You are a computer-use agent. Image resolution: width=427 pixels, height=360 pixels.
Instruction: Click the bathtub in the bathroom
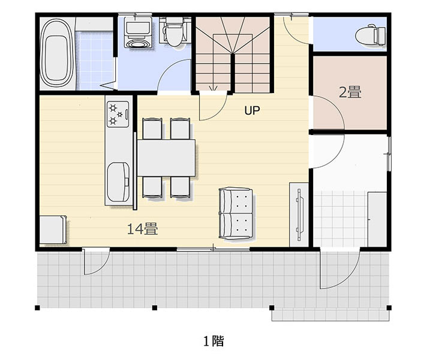pos(57,53)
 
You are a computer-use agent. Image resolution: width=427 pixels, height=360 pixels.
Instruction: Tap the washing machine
pos(138,32)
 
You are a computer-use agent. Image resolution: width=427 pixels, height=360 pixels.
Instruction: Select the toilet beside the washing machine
pos(174,32)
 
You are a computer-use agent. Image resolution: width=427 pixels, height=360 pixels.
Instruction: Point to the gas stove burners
pos(118,114)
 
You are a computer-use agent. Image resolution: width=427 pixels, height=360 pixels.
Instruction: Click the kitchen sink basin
pos(118,182)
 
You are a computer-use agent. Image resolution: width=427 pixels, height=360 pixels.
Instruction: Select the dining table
pos(166,158)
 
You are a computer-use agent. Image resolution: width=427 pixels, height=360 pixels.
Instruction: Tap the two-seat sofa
pos(236,214)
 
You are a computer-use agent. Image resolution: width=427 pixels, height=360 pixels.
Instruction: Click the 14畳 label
pos(142,229)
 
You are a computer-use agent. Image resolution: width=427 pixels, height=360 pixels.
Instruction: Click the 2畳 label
pos(350,92)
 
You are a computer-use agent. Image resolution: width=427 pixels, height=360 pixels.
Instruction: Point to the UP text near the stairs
pos(252,110)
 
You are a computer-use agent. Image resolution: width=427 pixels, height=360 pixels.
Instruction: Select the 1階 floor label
pos(213,341)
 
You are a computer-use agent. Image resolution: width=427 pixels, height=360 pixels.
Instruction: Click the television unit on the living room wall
pos(299,215)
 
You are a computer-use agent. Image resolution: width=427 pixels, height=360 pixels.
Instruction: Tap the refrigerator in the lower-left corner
pos(53,230)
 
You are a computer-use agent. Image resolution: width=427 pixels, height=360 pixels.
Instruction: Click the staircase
pos(233,54)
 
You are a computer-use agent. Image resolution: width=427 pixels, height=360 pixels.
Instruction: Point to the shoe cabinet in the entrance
pos(377,219)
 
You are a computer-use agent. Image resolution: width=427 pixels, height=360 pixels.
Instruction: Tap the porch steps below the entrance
pos(330,316)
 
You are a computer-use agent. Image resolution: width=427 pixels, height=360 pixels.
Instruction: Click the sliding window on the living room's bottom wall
pos(213,249)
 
